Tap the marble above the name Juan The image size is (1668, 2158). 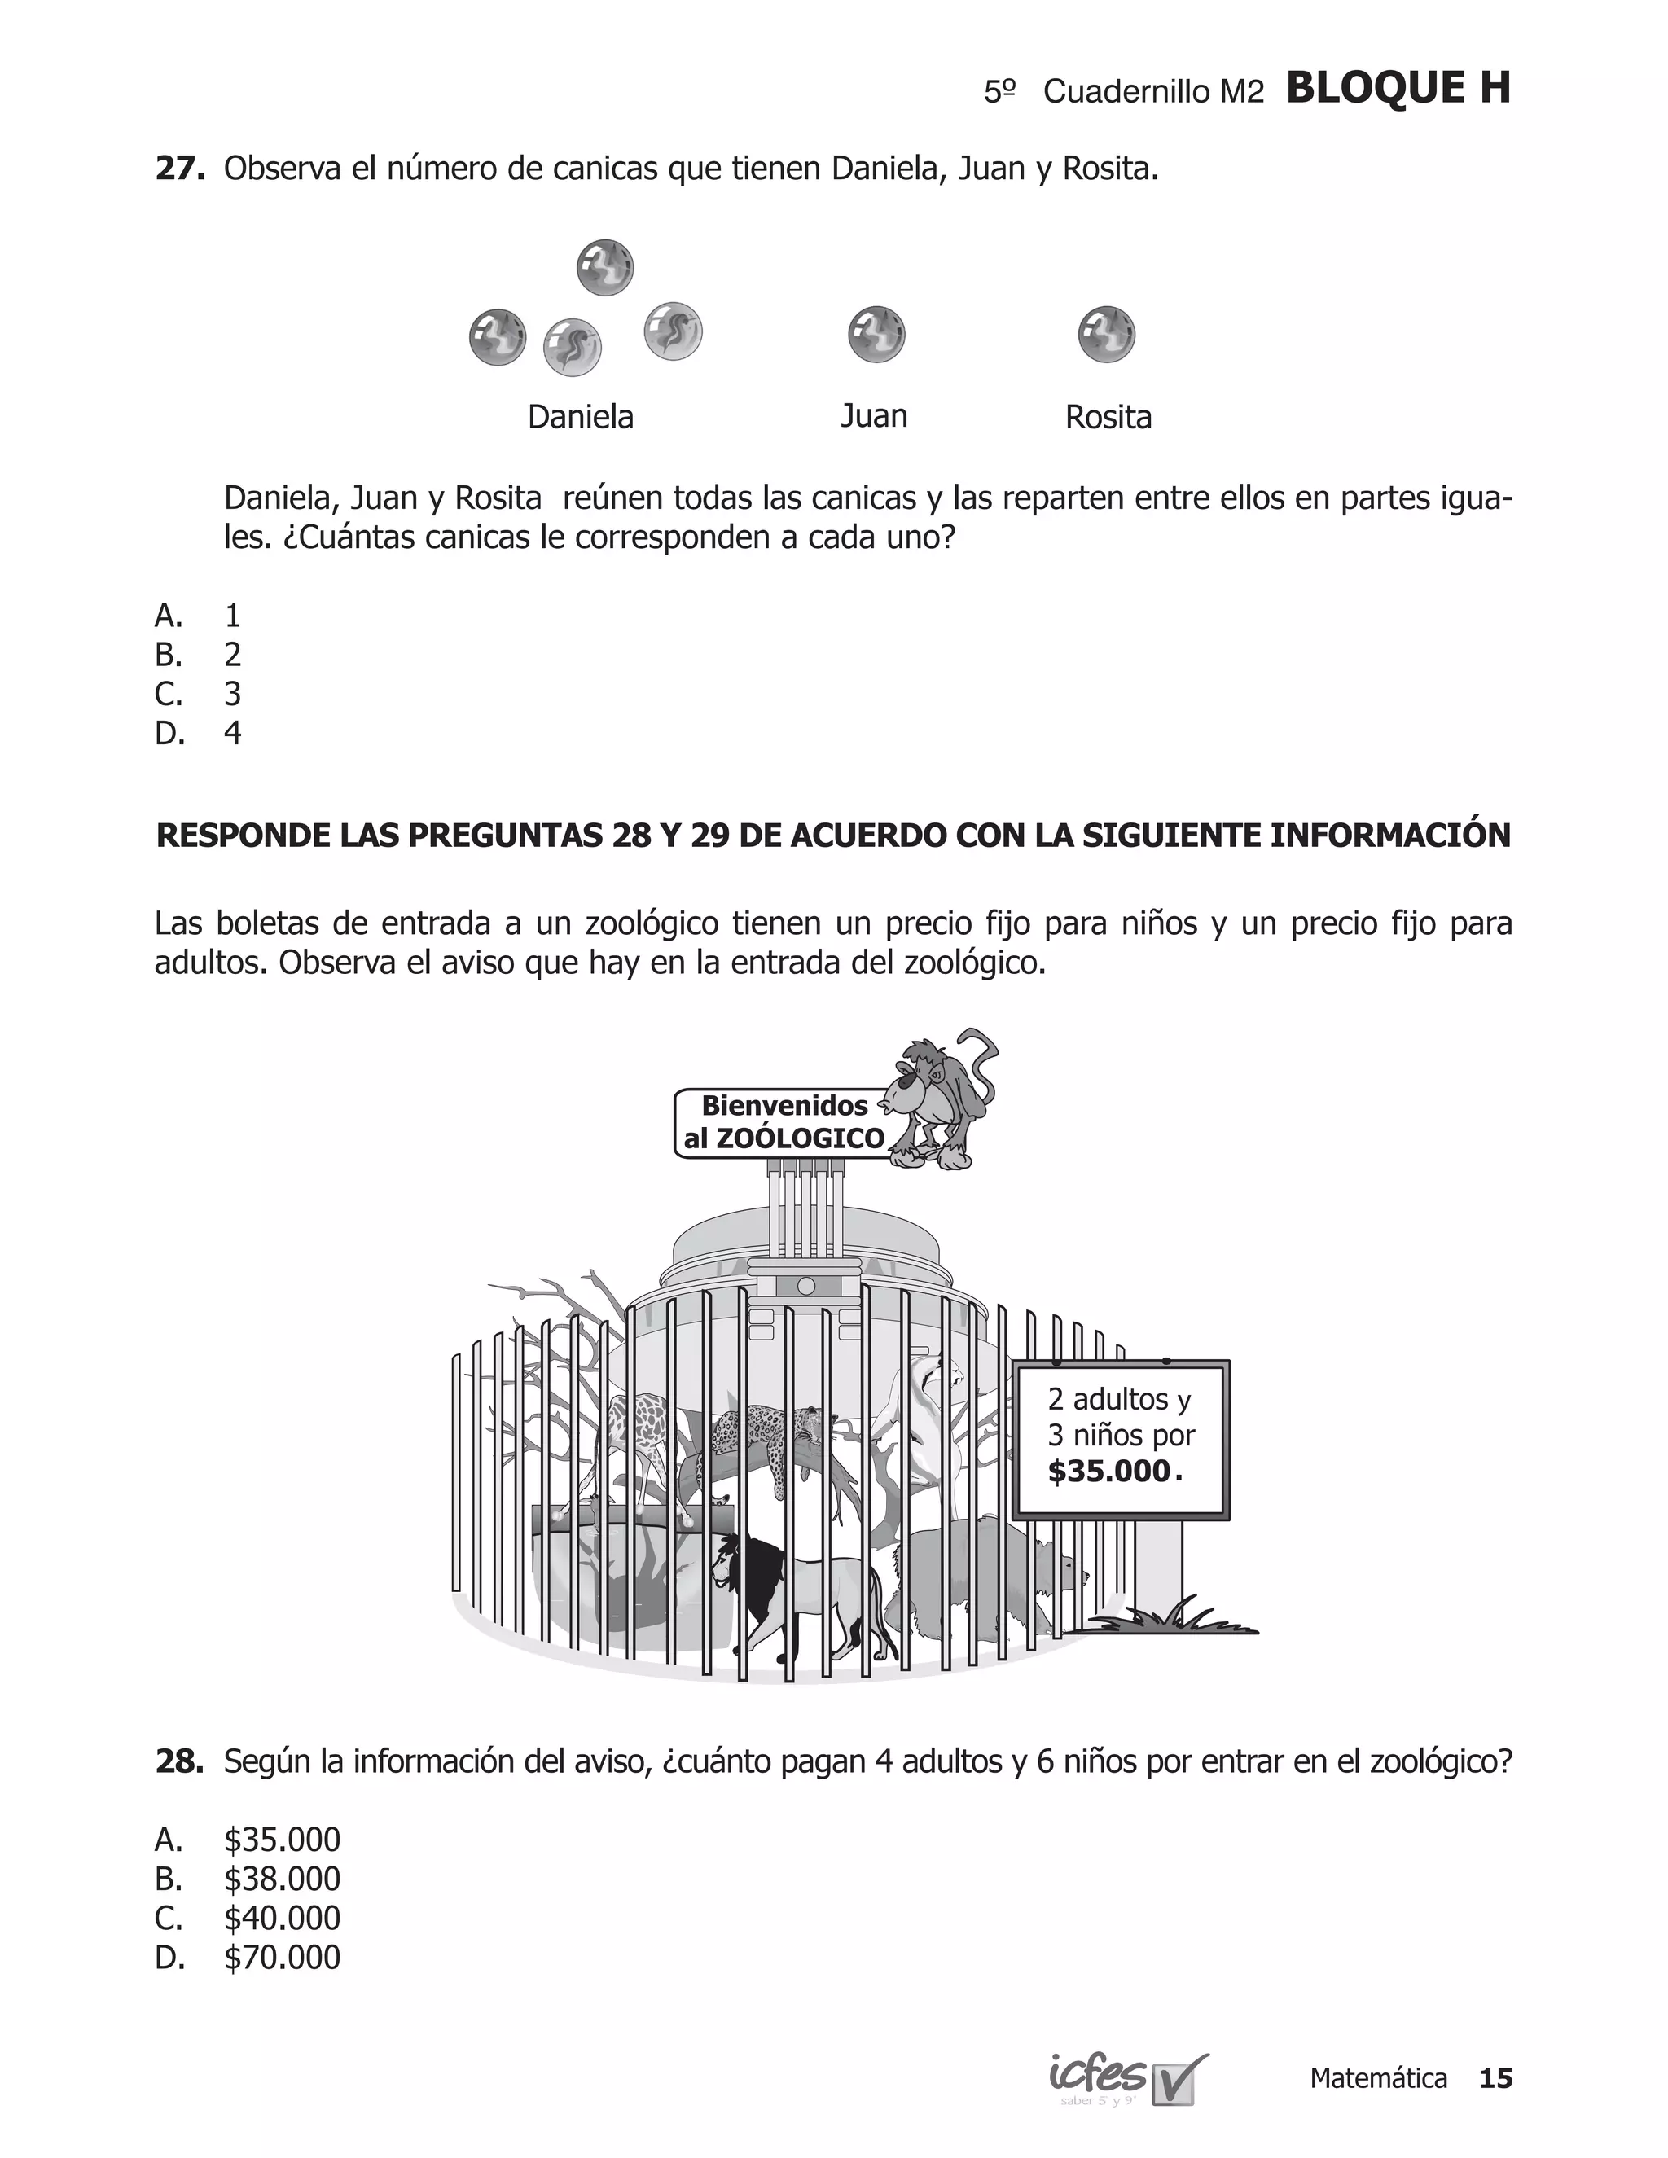[876, 334]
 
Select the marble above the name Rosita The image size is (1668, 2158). [1106, 334]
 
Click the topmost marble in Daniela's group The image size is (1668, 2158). [605, 268]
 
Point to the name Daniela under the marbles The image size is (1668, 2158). [580, 417]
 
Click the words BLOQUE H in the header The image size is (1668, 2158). [1398, 89]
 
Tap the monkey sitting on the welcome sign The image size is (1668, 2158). [939, 1097]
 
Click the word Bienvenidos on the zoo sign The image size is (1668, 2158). [784, 1106]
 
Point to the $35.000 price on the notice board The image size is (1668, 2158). [1108, 1472]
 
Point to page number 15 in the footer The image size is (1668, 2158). [1495, 2078]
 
